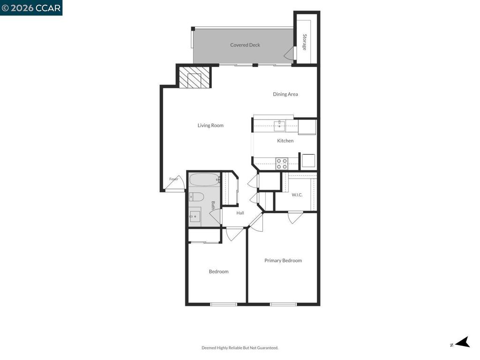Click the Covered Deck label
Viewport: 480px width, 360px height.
coord(245,45)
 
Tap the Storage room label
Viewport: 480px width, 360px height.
coord(305,42)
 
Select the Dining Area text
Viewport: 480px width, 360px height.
coord(285,94)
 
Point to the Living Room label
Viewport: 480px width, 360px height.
coord(210,125)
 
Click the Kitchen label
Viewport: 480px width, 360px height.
coord(285,141)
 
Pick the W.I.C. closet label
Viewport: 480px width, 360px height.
coord(297,195)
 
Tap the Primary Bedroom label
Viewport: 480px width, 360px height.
coord(283,261)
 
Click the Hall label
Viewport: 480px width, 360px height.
coord(240,213)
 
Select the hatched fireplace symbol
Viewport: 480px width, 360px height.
coord(195,77)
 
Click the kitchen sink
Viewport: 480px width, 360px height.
coord(279,126)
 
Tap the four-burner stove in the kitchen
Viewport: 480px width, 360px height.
coord(282,164)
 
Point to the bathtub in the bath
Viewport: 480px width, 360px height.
coord(204,180)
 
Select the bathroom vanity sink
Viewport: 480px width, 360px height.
coord(195,217)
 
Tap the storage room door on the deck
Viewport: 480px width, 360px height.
coord(290,53)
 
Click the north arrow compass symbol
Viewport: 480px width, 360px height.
coord(462,342)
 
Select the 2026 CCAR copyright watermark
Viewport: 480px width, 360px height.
coord(31,7)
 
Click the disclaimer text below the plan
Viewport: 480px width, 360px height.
coord(240,348)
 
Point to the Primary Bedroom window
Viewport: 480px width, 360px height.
coord(283,304)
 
